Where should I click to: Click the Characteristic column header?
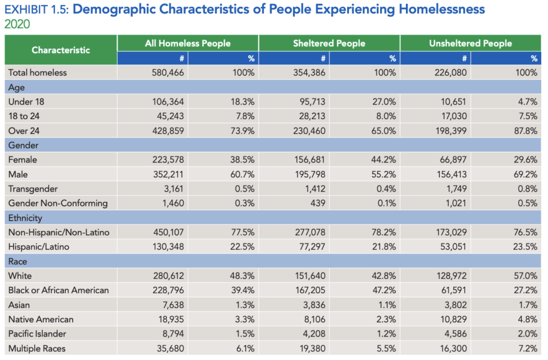click(x=61, y=50)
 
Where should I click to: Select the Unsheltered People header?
click(x=470, y=43)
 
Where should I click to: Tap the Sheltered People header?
click(x=329, y=43)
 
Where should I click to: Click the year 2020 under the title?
click(x=17, y=24)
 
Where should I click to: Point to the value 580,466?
click(x=168, y=72)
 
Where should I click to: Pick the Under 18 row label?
click(x=26, y=102)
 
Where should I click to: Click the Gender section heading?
click(x=23, y=145)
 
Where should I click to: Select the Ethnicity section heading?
click(x=25, y=218)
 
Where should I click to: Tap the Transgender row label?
click(x=33, y=189)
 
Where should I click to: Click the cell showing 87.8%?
click(x=526, y=131)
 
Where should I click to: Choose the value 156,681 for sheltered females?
click(x=309, y=160)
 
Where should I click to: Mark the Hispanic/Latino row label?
click(x=39, y=247)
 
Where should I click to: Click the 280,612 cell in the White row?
click(x=168, y=276)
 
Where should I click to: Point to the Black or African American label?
click(x=59, y=290)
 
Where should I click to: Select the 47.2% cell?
click(x=384, y=290)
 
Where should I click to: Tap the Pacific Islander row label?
click(x=37, y=334)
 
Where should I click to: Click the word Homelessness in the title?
click(x=442, y=9)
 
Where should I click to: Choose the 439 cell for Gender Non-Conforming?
click(x=318, y=203)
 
